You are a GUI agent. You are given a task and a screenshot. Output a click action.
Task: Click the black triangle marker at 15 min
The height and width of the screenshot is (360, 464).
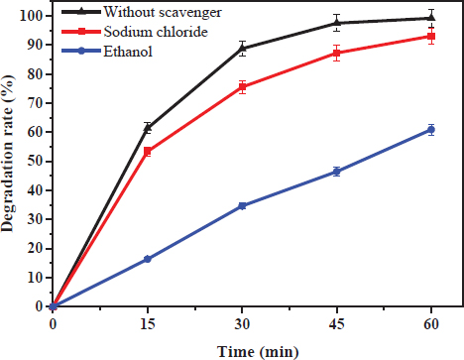[x=148, y=127]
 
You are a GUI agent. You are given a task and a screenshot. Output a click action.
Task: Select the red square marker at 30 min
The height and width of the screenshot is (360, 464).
[x=242, y=87]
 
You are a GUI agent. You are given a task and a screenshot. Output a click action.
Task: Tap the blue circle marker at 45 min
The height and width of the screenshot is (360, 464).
[x=337, y=172]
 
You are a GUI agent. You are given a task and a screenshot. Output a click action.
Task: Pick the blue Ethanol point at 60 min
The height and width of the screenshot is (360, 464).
[x=431, y=130]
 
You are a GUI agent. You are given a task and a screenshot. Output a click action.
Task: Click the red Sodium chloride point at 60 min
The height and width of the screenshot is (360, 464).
[x=431, y=37]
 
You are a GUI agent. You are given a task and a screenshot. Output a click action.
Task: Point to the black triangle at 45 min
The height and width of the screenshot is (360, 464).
[x=337, y=22]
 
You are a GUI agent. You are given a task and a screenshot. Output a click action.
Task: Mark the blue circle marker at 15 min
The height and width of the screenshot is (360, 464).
[x=148, y=259]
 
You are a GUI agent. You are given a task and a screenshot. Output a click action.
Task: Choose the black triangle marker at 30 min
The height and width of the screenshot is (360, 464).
[x=242, y=48]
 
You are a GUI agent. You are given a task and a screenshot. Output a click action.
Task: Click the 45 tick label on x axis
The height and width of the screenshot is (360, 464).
[x=337, y=323]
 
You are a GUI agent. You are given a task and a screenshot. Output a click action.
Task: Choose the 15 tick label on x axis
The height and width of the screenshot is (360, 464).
[x=148, y=323]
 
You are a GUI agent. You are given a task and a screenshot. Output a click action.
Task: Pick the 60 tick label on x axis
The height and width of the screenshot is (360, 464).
[x=431, y=323]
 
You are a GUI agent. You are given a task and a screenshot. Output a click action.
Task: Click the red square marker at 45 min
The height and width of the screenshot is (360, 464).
[x=337, y=53]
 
